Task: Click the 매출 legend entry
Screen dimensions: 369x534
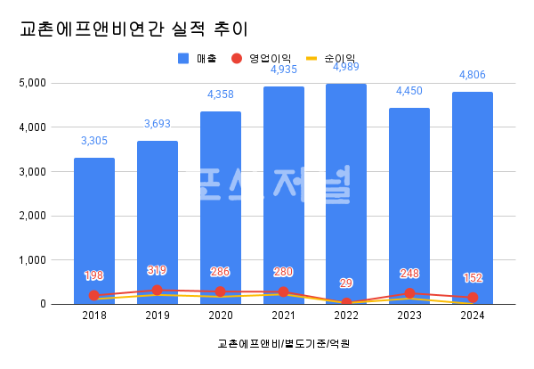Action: [195, 59]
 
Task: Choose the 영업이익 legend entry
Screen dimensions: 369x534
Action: [260, 59]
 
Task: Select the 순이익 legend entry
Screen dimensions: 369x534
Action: [329, 59]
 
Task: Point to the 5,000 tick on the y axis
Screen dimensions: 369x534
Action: [34, 83]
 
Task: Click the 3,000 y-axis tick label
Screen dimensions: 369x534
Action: [34, 171]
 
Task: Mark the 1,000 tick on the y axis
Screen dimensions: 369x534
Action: [34, 260]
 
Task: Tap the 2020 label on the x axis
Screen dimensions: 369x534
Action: [220, 316]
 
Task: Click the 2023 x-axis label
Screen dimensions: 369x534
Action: [409, 316]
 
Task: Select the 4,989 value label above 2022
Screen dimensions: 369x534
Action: [346, 68]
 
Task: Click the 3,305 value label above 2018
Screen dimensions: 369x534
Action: [94, 141]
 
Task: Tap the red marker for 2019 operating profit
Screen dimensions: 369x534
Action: [158, 290]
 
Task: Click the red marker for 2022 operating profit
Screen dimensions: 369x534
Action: [346, 303]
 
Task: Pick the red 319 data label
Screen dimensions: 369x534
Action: [158, 270]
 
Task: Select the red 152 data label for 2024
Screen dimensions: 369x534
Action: [472, 277]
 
